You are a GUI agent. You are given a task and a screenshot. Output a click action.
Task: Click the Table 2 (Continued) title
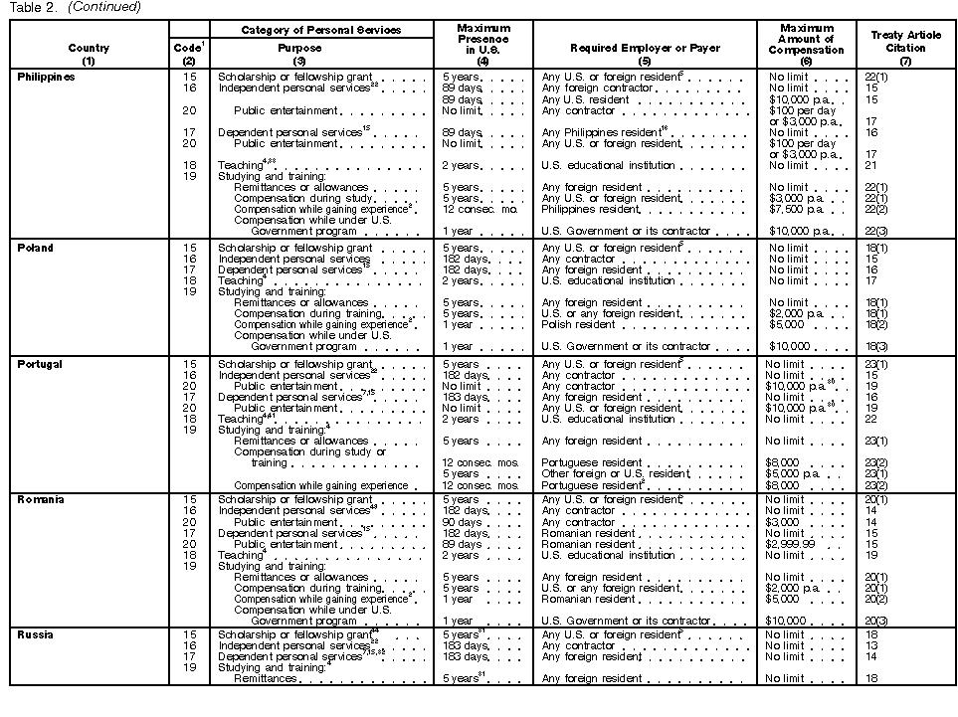(75, 7)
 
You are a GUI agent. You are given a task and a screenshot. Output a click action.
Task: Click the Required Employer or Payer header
(645, 48)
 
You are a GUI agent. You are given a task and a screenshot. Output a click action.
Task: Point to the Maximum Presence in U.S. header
(483, 41)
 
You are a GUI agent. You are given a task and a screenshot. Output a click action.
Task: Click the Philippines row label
(47, 77)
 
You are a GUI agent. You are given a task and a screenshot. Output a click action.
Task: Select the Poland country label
(36, 248)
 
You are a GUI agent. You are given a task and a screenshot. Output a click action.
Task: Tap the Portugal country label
(40, 364)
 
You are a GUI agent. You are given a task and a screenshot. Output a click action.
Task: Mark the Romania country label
(41, 499)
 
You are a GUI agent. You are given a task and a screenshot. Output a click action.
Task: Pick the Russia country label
(36, 634)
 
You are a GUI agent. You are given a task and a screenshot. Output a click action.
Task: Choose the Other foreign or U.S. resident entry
(614, 474)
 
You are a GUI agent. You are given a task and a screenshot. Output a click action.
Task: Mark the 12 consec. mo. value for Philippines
(476, 209)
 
